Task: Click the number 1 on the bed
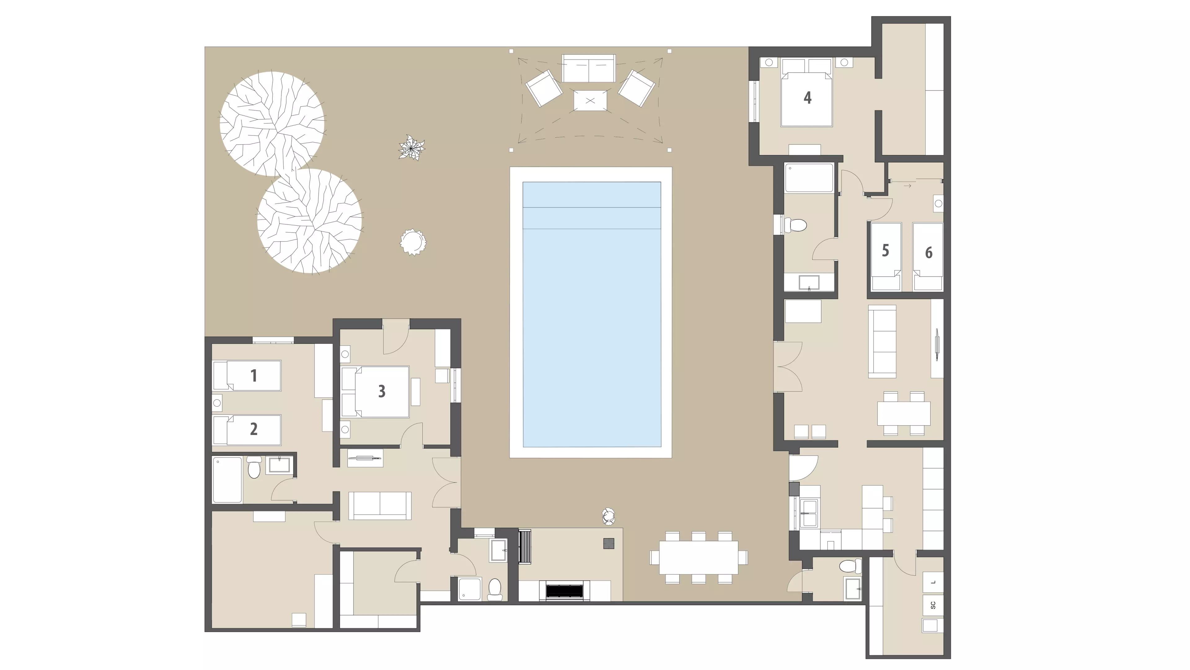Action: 253,376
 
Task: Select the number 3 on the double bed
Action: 381,391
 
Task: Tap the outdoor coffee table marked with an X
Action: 590,100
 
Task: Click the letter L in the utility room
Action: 933,582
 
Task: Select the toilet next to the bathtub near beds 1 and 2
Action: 254,468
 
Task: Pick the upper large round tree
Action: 272,124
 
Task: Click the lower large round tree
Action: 310,221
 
